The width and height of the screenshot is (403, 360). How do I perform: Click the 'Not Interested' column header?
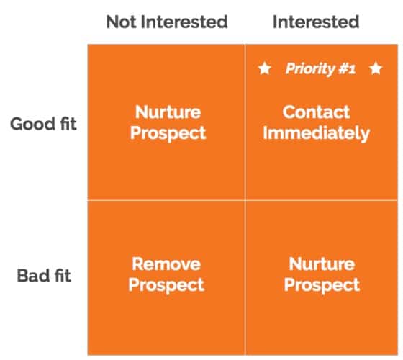click(167, 22)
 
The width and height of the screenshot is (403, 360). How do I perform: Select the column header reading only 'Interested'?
click(315, 22)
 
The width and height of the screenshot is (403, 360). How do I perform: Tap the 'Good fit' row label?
click(43, 122)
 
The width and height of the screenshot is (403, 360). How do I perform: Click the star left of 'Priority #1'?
click(264, 69)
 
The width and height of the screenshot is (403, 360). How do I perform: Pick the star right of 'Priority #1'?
click(375, 69)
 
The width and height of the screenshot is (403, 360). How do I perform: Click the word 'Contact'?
click(316, 112)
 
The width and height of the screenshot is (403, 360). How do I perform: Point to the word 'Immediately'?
click(316, 132)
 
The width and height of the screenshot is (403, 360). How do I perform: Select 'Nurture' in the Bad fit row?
click(322, 264)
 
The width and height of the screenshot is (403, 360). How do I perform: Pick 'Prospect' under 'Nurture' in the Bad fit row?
click(322, 284)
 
